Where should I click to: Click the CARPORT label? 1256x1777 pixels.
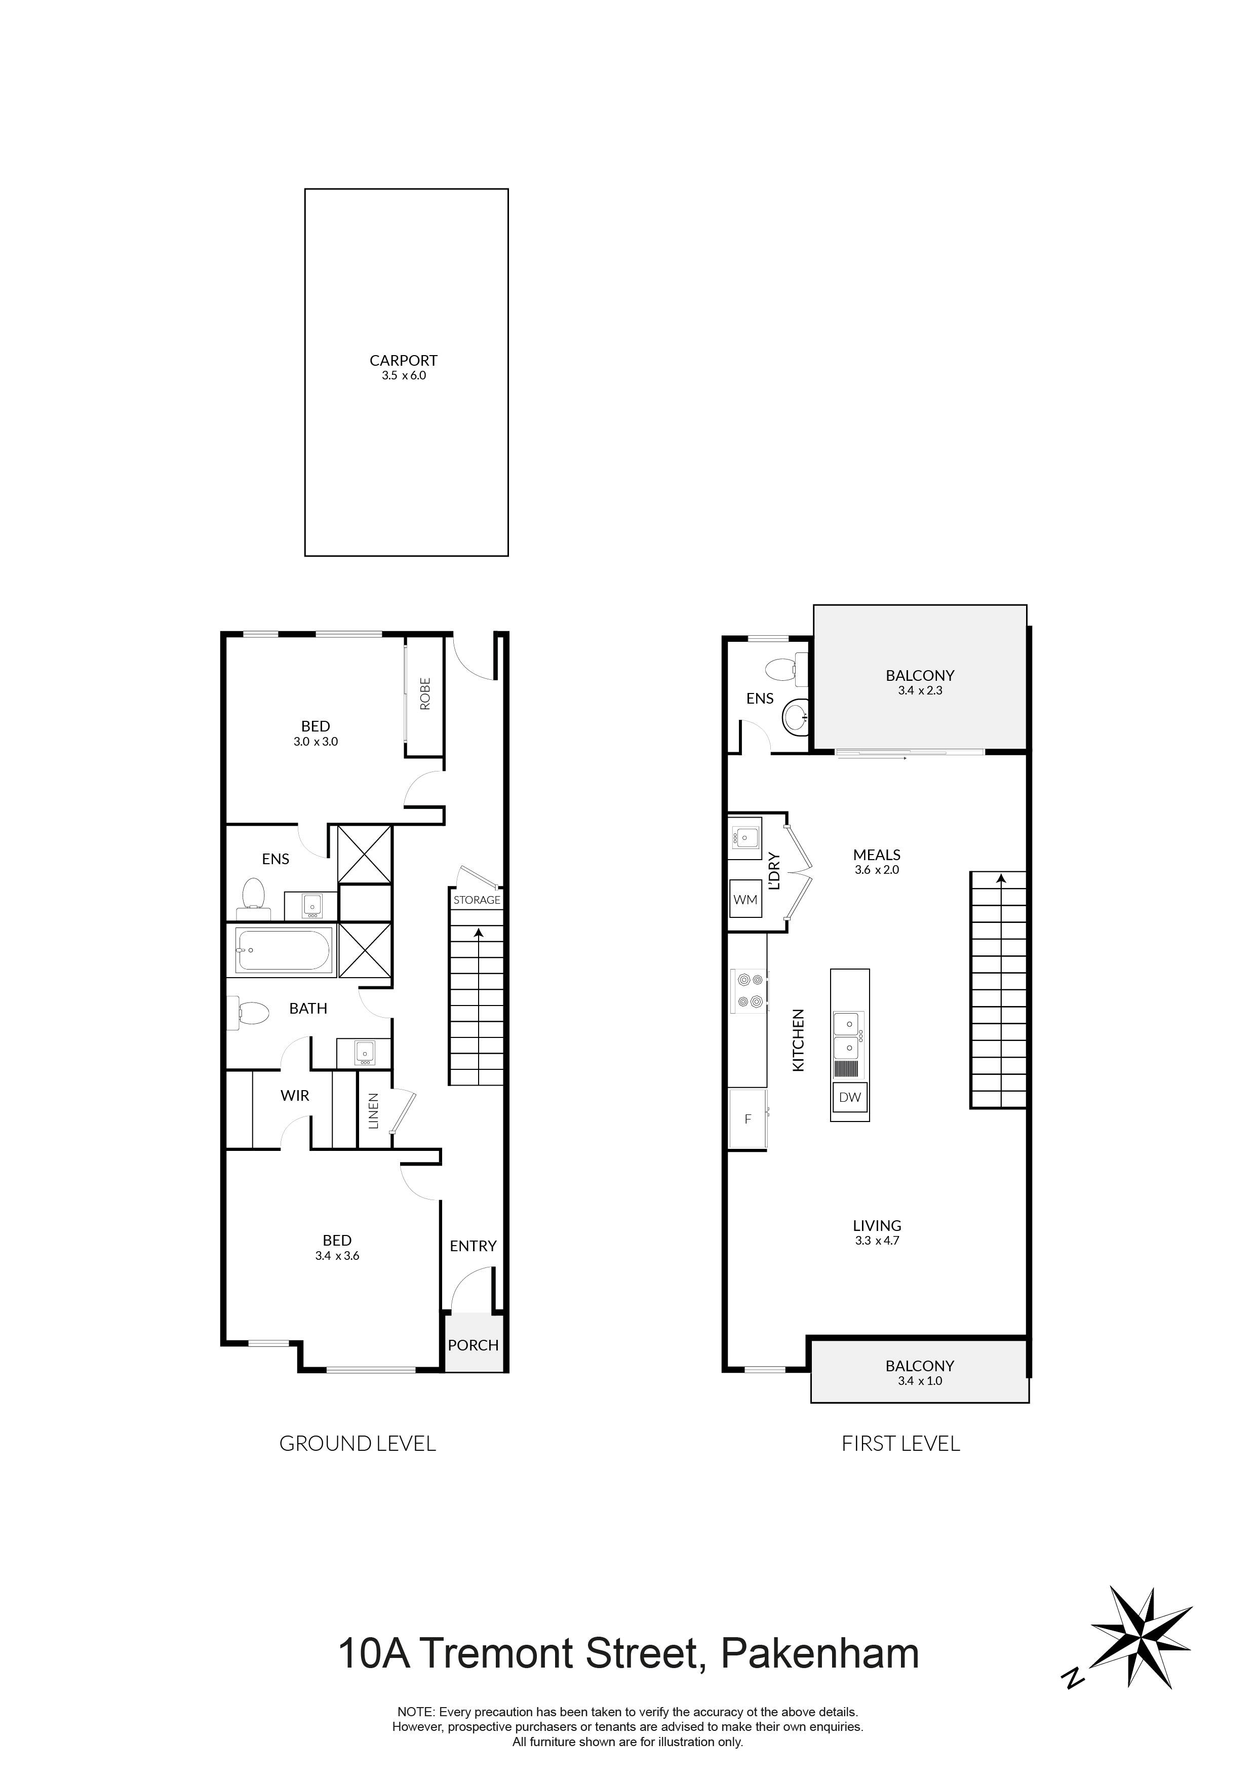403,361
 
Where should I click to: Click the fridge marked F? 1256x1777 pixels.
748,1118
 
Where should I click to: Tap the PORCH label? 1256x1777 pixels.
473,1345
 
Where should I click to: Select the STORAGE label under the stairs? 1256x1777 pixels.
477,900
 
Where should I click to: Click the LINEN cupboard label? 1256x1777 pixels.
374,1110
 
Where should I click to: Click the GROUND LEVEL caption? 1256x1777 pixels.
358,1443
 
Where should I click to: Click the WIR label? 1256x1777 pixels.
295,1095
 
